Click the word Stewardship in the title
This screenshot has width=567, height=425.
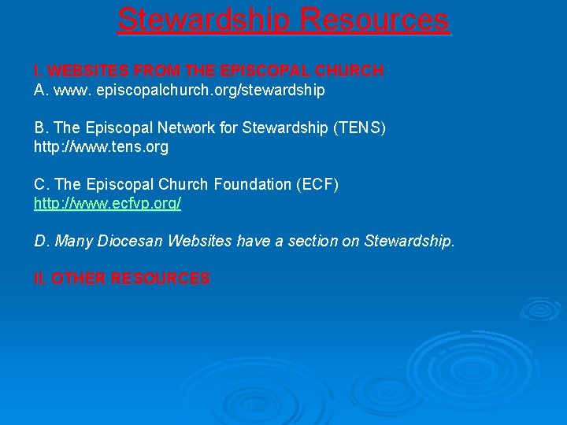(204, 19)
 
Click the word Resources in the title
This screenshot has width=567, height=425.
(375, 19)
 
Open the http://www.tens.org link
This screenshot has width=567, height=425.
(101, 146)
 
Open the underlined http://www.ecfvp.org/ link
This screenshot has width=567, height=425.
(108, 203)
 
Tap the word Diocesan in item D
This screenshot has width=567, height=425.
(128, 241)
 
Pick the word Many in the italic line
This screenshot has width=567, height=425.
(74, 241)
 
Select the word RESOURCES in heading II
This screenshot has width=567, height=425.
(161, 279)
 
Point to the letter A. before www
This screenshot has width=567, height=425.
(41, 91)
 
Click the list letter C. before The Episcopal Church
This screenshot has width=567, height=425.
(42, 184)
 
